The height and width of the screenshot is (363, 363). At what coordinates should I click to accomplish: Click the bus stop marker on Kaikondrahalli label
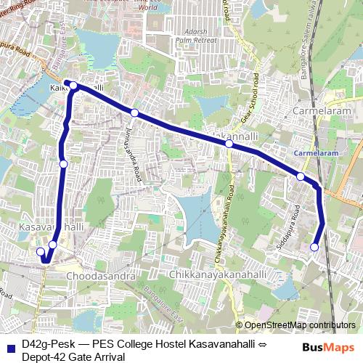coord(73,86)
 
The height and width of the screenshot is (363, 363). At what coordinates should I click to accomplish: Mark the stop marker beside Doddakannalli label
coord(229,144)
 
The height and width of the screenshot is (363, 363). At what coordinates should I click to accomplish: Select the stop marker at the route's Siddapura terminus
coord(314,248)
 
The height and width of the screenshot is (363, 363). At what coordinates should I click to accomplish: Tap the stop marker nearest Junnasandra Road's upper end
coord(134,113)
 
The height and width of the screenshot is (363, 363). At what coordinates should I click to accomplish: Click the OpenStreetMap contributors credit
coord(299,325)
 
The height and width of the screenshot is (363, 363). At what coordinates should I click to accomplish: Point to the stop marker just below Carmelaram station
coord(301,176)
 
